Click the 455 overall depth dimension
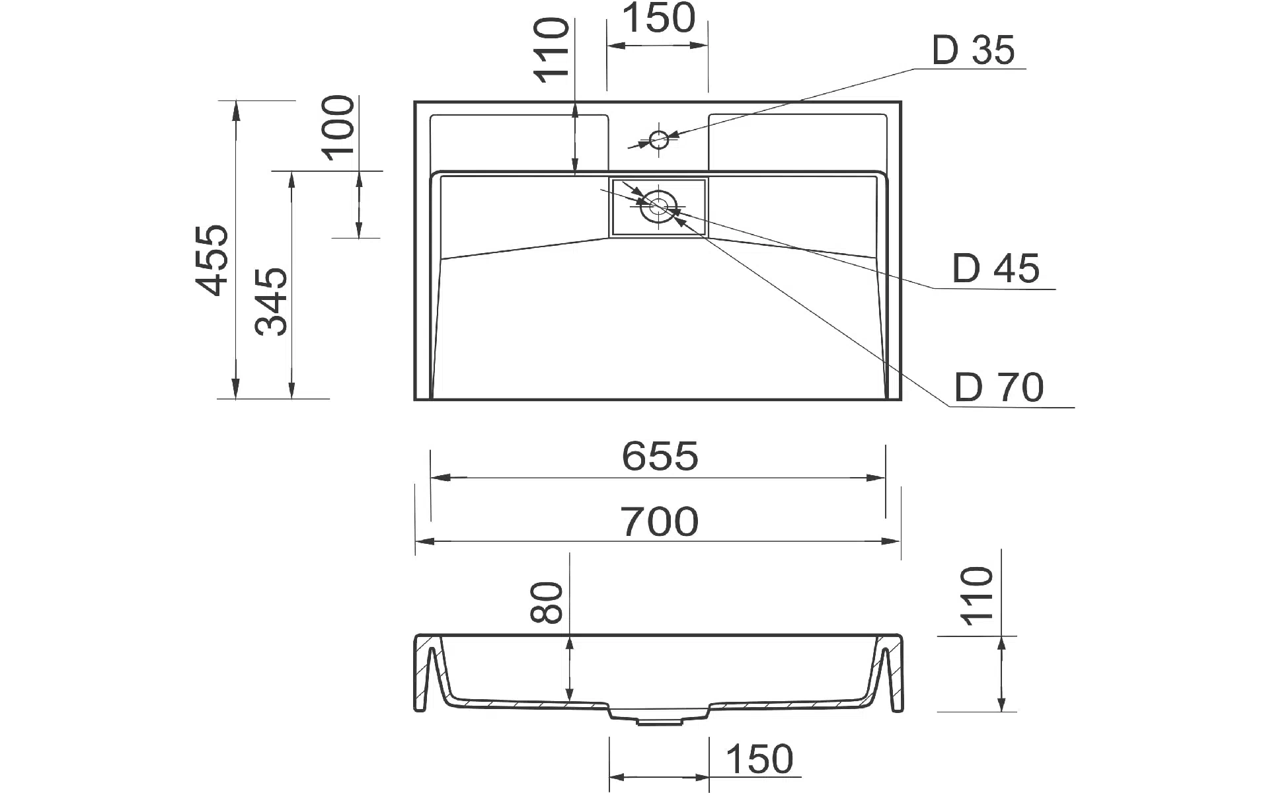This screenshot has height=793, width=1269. point(213,260)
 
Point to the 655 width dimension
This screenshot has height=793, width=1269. point(660,456)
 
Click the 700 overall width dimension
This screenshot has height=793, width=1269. point(660,521)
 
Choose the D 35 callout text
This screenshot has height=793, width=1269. point(973,50)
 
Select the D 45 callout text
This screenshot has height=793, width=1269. point(996,268)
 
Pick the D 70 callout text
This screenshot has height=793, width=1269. point(999,387)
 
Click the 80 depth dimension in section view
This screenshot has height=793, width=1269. point(547,602)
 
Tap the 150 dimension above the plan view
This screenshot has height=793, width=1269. point(658,18)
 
